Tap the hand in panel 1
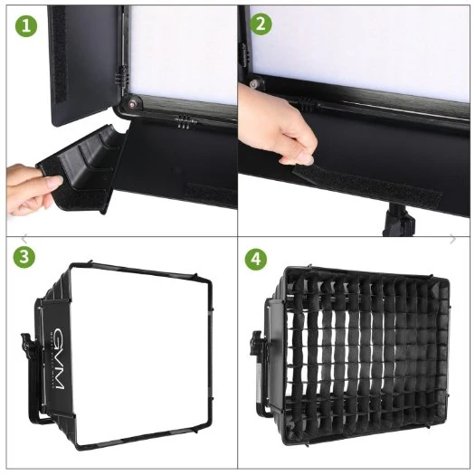pos(27,185)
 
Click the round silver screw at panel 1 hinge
pos(134,103)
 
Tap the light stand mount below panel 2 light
pos(395,221)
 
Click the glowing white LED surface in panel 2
pos(362,41)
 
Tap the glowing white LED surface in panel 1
pos(181,45)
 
